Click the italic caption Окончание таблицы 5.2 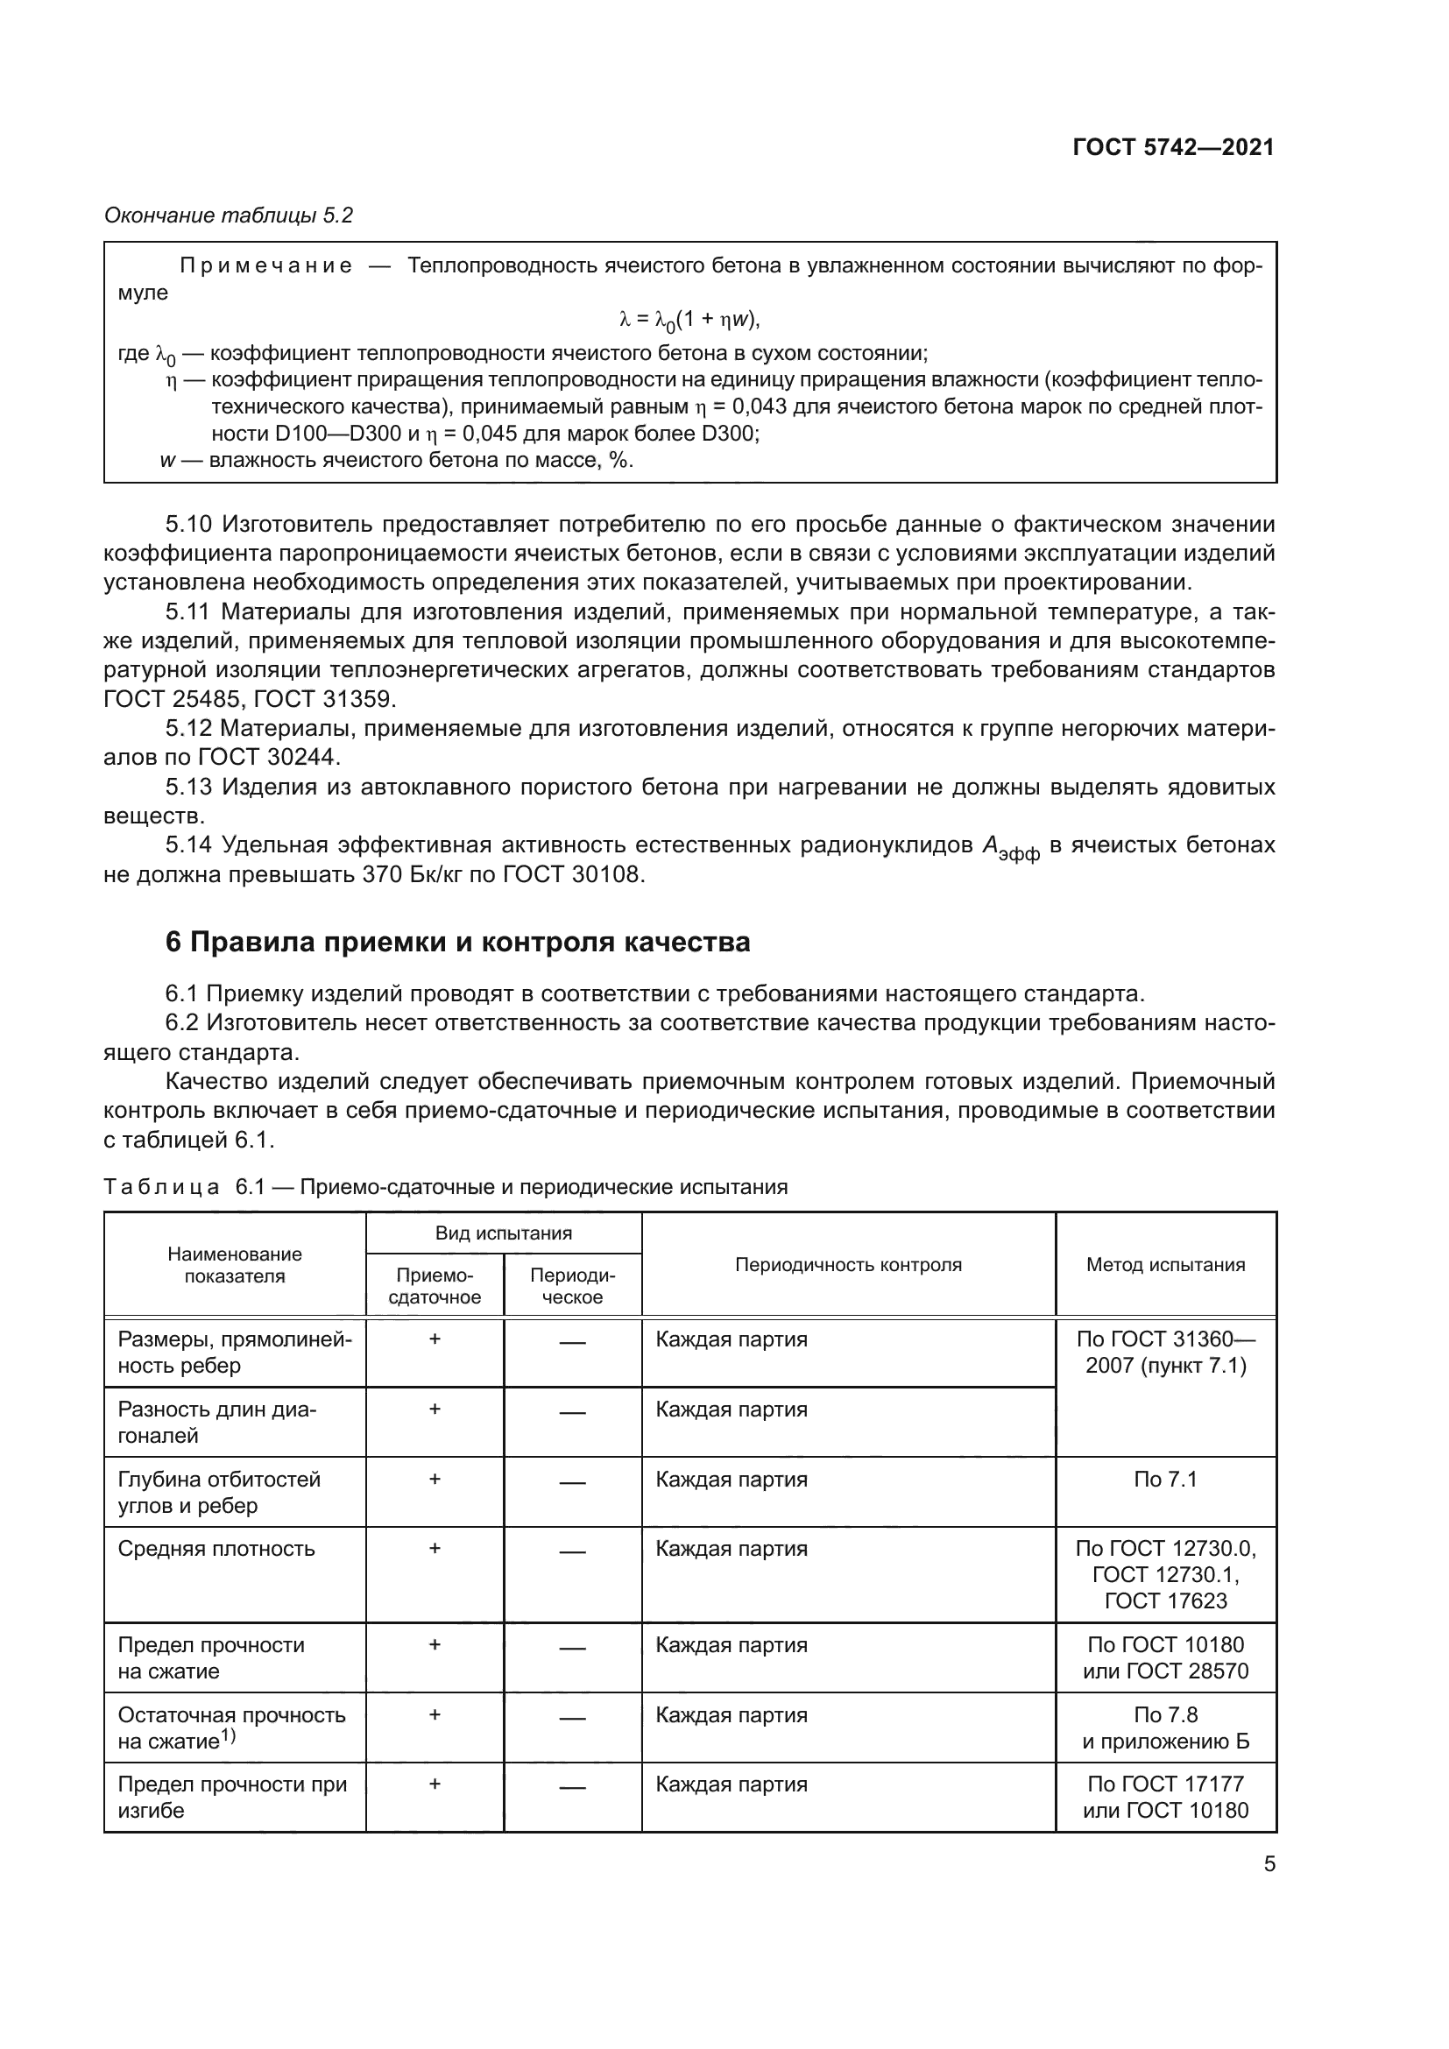tap(229, 215)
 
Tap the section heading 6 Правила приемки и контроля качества tap(456, 942)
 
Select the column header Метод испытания tap(1165, 1265)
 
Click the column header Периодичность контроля tap(848, 1265)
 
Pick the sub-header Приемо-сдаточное tap(435, 1286)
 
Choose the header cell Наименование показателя tap(235, 1265)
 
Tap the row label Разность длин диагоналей tap(216, 1423)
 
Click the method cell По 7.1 tap(1165, 1480)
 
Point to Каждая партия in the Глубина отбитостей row tap(731, 1480)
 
